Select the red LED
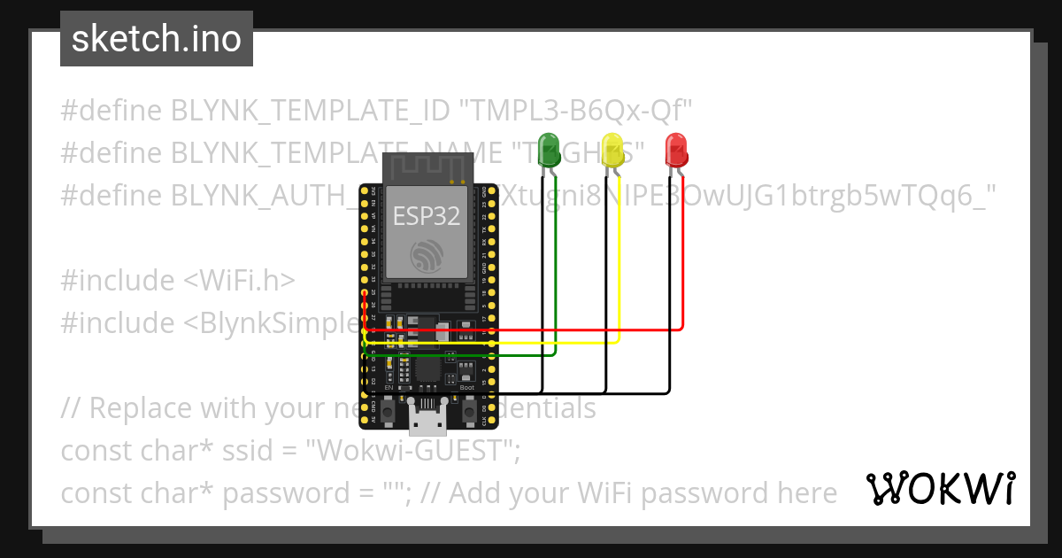click(x=676, y=148)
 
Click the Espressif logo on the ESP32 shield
click(x=428, y=256)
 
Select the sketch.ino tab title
click(x=156, y=39)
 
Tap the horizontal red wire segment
click(x=531, y=329)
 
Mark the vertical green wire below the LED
click(x=555, y=266)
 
